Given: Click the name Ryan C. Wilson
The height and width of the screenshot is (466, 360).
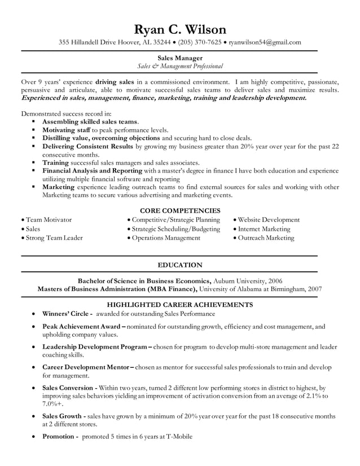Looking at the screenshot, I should pyautogui.click(x=180, y=29).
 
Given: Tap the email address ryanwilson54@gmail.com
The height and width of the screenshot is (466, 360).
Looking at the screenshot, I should pyautogui.click(x=265, y=42).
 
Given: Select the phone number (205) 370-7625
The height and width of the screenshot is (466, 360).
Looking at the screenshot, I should pyautogui.click(x=200, y=42).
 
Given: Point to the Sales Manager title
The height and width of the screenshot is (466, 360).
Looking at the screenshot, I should pyautogui.click(x=180, y=58).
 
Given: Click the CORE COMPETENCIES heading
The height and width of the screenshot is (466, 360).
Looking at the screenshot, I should pyautogui.click(x=180, y=210).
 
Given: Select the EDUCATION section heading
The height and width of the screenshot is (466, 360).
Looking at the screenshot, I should pyautogui.click(x=180, y=265).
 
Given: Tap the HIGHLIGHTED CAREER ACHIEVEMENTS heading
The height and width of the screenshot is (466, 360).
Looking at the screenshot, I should pyautogui.click(x=180, y=305).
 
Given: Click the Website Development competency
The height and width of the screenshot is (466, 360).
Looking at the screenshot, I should pyautogui.click(x=269, y=220).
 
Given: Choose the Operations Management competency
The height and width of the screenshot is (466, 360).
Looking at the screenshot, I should pyautogui.click(x=166, y=238).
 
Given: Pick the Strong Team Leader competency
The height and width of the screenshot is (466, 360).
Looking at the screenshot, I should pyautogui.click(x=54, y=238).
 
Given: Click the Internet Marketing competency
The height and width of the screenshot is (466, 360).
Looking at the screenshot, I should pyautogui.click(x=264, y=229).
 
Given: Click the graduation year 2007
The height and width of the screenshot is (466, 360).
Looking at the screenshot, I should pyautogui.click(x=314, y=289).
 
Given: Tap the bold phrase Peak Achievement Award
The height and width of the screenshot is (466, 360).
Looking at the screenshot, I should pyautogui.click(x=81, y=326).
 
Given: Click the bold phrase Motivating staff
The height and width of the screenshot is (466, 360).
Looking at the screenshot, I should pyautogui.click(x=67, y=130).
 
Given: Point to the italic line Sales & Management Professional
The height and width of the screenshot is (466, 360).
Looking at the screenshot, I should pyautogui.click(x=180, y=67).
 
